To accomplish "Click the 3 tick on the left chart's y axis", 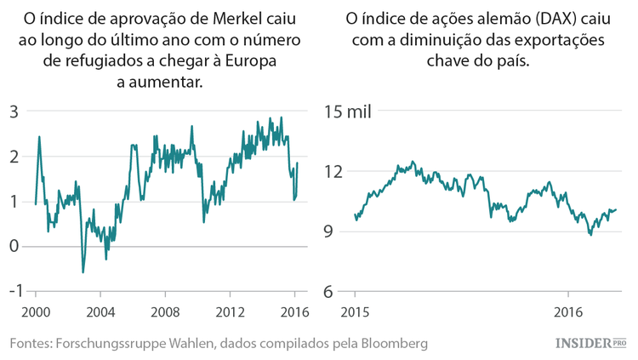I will [x=14, y=111].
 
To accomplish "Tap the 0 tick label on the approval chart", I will [x=14, y=247].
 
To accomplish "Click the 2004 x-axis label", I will [x=100, y=311].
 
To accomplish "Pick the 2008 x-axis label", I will [x=165, y=311].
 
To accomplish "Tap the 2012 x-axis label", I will [x=230, y=311].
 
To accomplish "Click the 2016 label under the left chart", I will [x=294, y=311].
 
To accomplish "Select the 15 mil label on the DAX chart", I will [x=349, y=111].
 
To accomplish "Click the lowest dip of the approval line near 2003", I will [x=83, y=272].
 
